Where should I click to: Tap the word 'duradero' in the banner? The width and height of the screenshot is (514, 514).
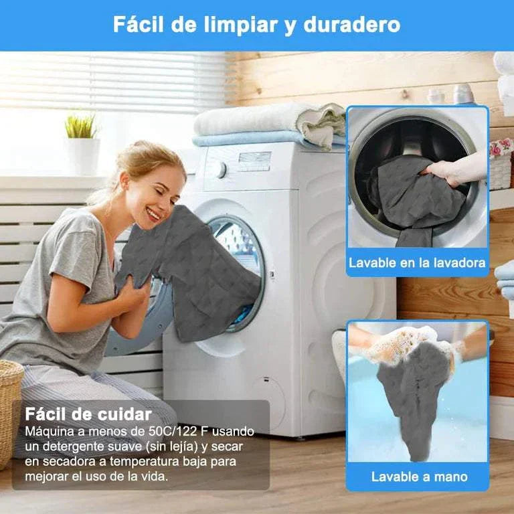coord(352,25)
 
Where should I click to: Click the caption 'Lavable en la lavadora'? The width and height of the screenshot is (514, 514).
coord(417,262)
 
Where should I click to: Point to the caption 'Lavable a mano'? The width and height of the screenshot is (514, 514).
coord(419,477)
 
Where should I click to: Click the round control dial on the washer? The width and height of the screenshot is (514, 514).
coord(220,169)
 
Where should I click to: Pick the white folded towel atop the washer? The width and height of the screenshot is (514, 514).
coord(268,118)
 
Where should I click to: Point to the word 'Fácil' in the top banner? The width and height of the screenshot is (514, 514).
coord(138,25)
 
